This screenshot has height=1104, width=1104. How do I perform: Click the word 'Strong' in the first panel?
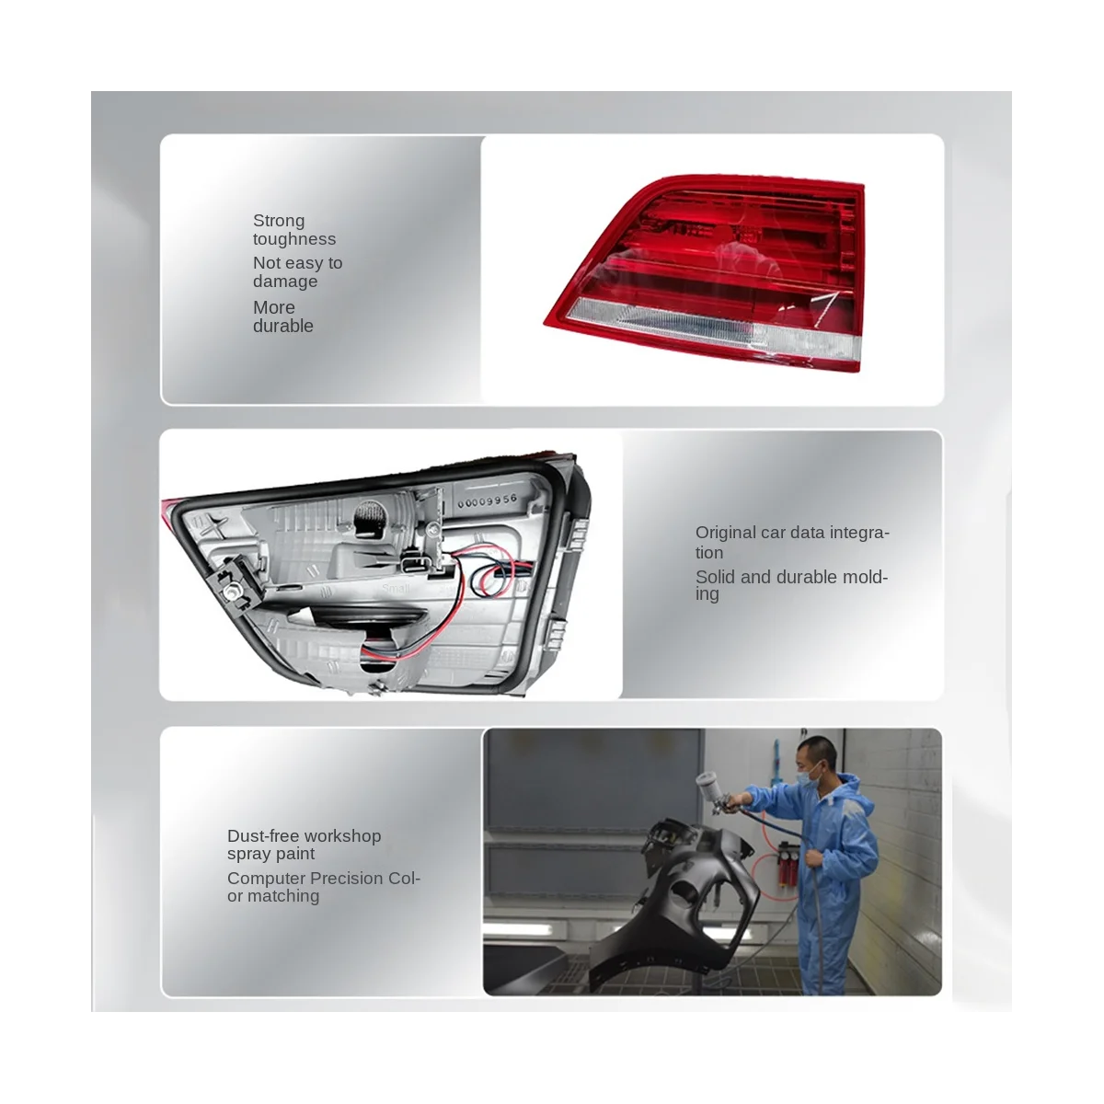279,221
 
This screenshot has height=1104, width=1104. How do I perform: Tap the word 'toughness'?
294,239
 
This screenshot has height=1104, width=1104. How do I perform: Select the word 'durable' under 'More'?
283,327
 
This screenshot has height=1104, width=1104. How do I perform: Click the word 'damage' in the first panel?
285,282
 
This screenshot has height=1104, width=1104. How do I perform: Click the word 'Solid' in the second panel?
715,577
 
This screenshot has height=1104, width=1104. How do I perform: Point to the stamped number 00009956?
485,503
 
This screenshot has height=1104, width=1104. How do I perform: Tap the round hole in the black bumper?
685,897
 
